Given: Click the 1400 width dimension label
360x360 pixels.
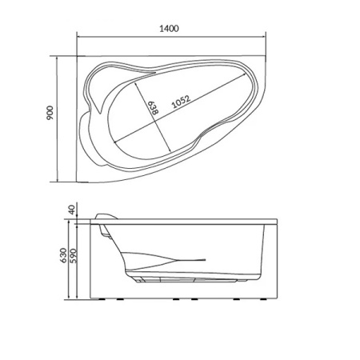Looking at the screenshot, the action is tap(169, 28).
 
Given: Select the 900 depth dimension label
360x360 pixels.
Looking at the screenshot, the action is tap(50, 113).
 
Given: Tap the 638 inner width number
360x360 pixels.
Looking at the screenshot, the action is tap(154, 108).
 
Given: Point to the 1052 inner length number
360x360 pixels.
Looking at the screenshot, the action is tap(182, 102).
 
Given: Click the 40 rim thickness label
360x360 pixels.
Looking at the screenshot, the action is tap(71, 210).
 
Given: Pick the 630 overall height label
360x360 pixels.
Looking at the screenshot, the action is tap(63, 255).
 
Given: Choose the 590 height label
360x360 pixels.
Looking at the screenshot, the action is tap(73, 256).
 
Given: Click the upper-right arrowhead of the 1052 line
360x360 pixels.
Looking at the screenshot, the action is tap(244, 74).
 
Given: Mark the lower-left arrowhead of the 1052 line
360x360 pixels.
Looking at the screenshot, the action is tap(115, 142).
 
